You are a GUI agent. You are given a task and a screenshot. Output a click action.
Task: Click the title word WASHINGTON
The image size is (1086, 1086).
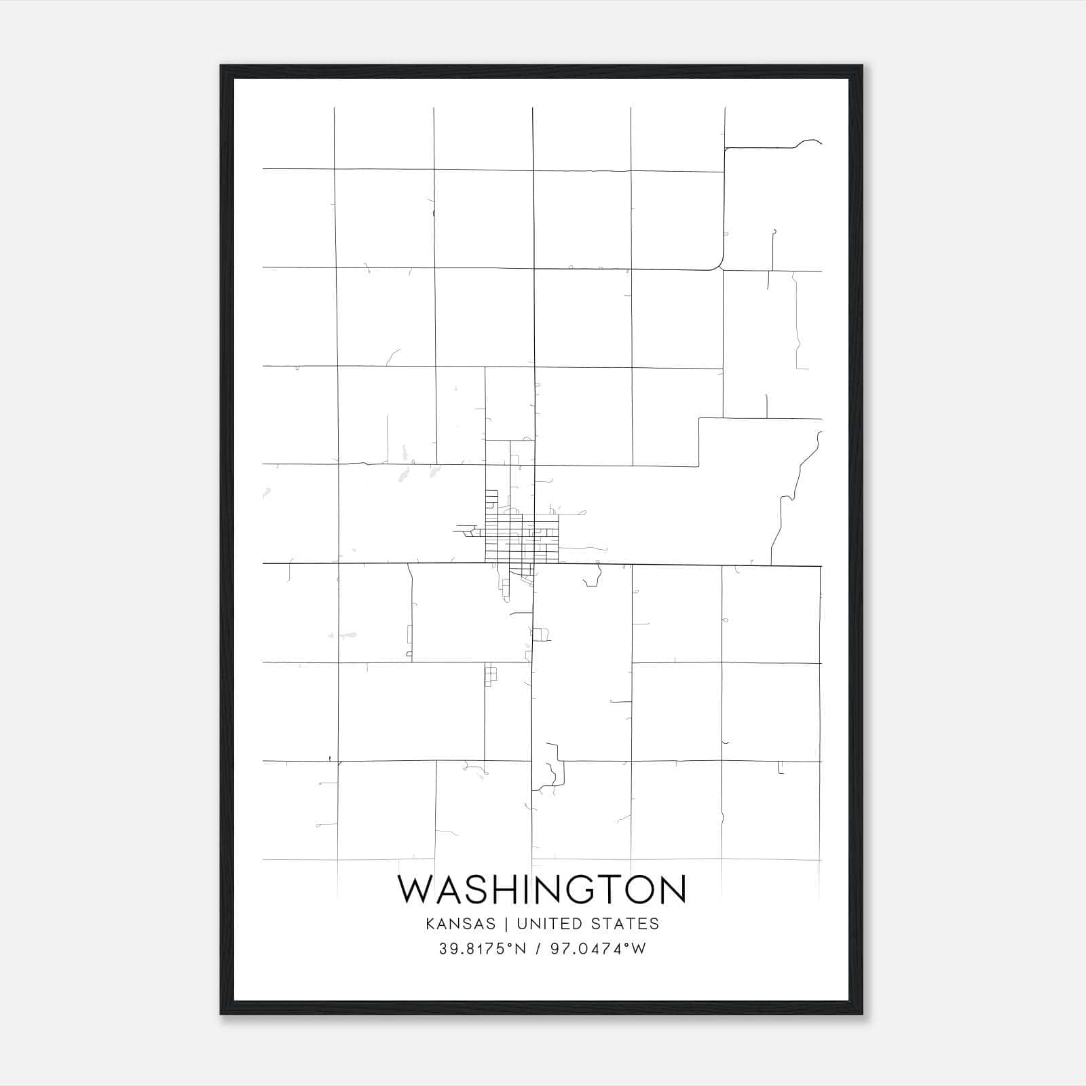(542, 889)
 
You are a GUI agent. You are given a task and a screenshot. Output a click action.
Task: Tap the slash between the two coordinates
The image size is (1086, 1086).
(538, 949)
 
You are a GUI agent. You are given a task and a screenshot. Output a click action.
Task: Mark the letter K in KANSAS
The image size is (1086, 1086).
(430, 924)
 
